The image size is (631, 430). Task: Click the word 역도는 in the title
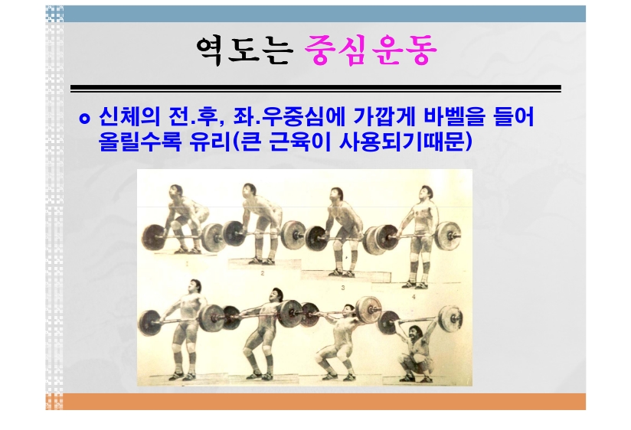coord(243,50)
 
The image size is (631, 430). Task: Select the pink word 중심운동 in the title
coord(371,50)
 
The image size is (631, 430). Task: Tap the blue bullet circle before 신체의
coord(84,119)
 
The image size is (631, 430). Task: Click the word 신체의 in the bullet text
coord(129,117)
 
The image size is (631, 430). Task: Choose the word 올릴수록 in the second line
coord(140,142)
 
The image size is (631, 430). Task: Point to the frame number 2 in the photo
coord(262,273)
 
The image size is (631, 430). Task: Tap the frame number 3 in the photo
coord(343,288)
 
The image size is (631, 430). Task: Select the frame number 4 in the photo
coord(414,298)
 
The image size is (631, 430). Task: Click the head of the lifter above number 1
coord(175,191)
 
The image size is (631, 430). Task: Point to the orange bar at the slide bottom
coord(315,402)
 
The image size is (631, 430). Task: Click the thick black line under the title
coord(315,87)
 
